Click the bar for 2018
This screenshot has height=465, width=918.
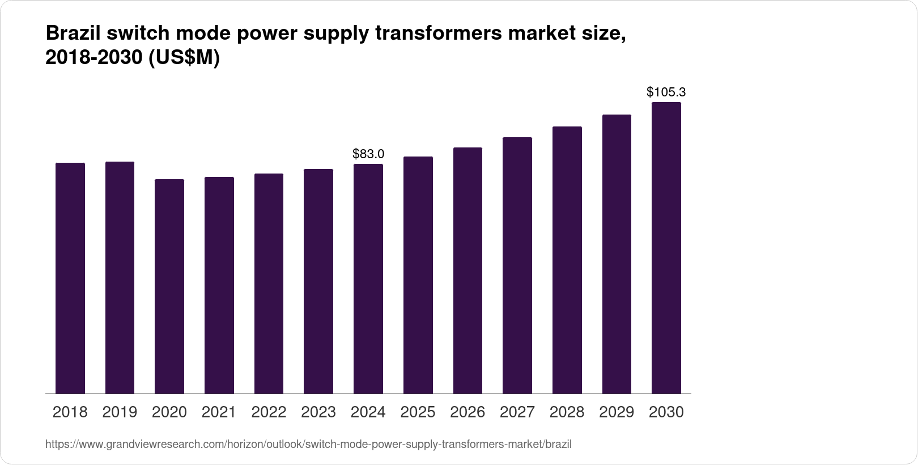tap(70, 278)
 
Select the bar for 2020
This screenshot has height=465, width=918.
tap(169, 286)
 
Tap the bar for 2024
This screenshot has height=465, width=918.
tap(368, 278)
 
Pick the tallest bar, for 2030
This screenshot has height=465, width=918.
tap(666, 248)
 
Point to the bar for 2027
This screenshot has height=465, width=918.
tap(517, 265)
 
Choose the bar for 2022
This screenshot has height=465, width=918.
tap(269, 284)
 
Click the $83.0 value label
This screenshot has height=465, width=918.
tap(368, 154)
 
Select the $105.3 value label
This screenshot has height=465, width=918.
tap(666, 92)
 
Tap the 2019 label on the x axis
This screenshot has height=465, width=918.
tap(120, 412)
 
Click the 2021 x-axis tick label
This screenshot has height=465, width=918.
tap(219, 412)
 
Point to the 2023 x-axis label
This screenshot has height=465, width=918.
tap(318, 412)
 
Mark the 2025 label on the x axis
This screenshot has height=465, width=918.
tap(418, 412)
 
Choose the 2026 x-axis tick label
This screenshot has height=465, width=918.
tap(467, 412)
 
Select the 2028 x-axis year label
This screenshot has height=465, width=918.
tap(567, 412)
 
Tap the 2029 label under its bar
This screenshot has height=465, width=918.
tap(617, 412)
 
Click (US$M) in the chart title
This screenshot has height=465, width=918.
tap(184, 58)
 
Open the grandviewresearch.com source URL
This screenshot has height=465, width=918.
tap(308, 444)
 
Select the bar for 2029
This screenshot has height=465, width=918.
tap(617, 254)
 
